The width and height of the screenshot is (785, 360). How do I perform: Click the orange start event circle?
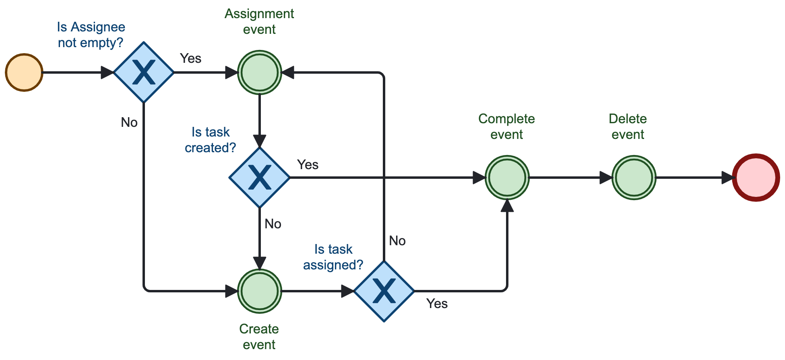(x=24, y=72)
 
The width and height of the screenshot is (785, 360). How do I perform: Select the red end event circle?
(x=756, y=178)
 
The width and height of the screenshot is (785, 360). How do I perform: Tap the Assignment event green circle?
(x=259, y=72)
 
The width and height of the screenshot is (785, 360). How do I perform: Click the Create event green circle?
(x=259, y=291)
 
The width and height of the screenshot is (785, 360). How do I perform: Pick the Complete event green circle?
(x=507, y=178)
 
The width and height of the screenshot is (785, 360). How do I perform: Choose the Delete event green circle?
(x=634, y=178)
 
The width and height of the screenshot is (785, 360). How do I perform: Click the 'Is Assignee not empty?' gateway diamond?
(x=144, y=72)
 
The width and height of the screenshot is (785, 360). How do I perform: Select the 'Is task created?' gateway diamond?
(x=259, y=178)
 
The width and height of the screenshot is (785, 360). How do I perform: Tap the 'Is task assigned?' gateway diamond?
(x=384, y=291)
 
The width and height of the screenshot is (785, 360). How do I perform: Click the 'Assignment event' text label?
(x=259, y=21)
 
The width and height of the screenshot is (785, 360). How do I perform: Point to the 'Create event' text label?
(x=259, y=337)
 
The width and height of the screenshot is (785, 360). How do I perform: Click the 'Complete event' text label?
(x=506, y=126)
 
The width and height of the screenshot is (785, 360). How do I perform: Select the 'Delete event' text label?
(x=628, y=126)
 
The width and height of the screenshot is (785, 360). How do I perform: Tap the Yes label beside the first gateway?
(x=190, y=58)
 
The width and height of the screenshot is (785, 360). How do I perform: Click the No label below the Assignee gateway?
(x=129, y=122)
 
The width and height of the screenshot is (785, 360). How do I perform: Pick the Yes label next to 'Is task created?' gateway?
(x=308, y=165)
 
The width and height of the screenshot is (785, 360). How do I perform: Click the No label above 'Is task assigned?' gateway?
(x=397, y=241)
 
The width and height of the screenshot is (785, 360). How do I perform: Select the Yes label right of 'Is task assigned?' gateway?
(x=437, y=304)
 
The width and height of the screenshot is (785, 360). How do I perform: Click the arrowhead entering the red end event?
(x=727, y=178)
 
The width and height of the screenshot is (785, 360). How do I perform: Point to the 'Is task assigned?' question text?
(x=333, y=257)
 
